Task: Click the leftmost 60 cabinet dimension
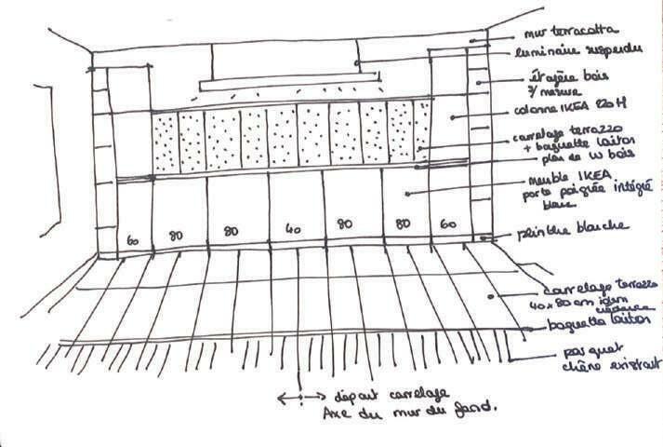pyautogui.click(x=133, y=240)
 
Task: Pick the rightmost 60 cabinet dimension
pyautogui.click(x=449, y=224)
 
